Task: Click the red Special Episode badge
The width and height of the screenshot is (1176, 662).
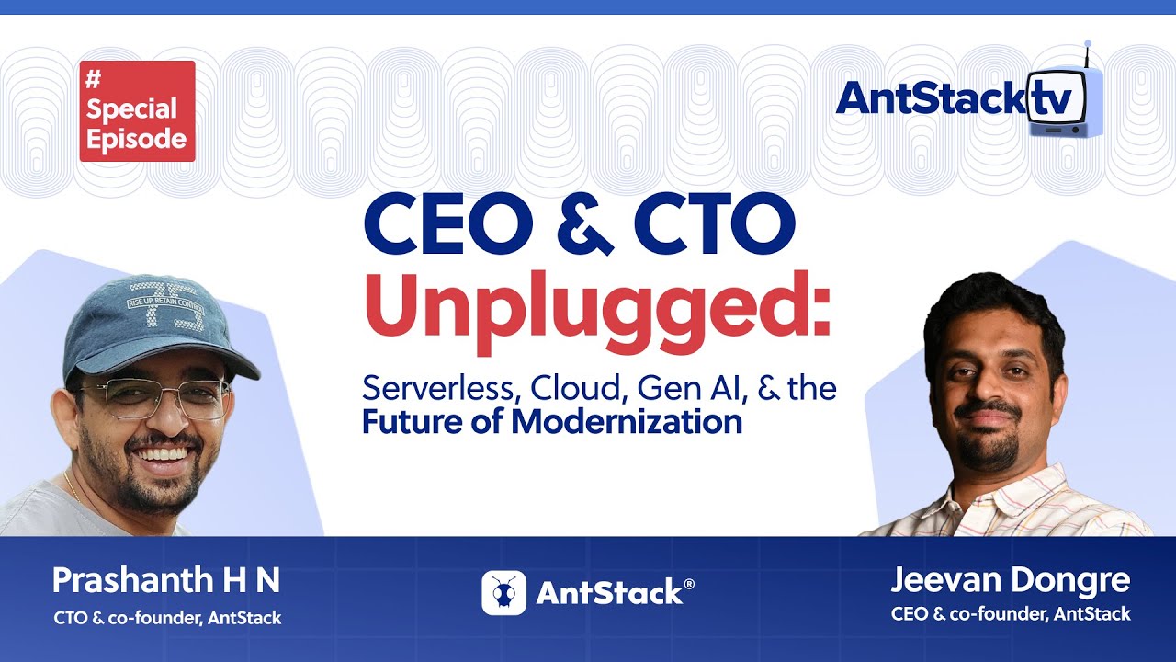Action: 137,111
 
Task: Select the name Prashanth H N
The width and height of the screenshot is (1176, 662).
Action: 166,581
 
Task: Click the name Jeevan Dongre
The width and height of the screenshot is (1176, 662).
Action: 1011,581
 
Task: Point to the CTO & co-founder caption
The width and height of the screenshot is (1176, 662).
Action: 167,618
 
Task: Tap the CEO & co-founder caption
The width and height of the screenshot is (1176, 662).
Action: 1011,614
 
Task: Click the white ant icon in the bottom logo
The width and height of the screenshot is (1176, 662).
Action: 503,593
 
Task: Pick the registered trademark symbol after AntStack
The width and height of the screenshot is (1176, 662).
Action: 689,584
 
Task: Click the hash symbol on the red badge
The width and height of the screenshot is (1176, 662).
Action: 93,80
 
